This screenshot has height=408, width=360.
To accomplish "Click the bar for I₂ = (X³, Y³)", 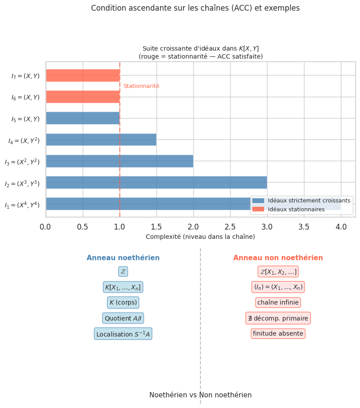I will click(x=156, y=182).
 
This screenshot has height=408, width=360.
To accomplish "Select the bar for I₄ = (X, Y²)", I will click(x=101, y=140).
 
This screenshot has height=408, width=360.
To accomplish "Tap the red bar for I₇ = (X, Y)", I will click(x=83, y=75).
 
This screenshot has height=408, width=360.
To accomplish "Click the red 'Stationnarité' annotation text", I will click(x=141, y=86).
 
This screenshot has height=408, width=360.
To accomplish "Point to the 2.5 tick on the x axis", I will click(x=230, y=227).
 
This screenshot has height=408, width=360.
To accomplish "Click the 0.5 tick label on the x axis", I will click(x=83, y=227).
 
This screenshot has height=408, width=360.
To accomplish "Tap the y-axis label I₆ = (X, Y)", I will click(x=25, y=97).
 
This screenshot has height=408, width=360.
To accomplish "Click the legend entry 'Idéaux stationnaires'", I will click(x=296, y=210).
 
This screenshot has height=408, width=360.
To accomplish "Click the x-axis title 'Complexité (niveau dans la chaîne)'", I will click(x=200, y=237).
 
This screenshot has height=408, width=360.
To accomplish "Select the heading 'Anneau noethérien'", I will click(x=123, y=258).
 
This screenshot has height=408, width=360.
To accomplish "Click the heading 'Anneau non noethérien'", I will click(x=278, y=258).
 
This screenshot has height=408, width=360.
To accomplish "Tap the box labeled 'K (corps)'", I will click(x=123, y=303).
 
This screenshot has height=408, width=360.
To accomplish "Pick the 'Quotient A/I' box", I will click(x=123, y=318).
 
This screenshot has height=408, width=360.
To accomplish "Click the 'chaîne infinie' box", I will click(x=278, y=303).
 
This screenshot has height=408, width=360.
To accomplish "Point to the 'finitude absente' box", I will click(x=278, y=333).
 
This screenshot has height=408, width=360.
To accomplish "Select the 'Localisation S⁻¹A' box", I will click(x=123, y=334).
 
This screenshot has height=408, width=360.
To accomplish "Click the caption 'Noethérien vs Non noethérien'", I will click(x=200, y=395).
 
